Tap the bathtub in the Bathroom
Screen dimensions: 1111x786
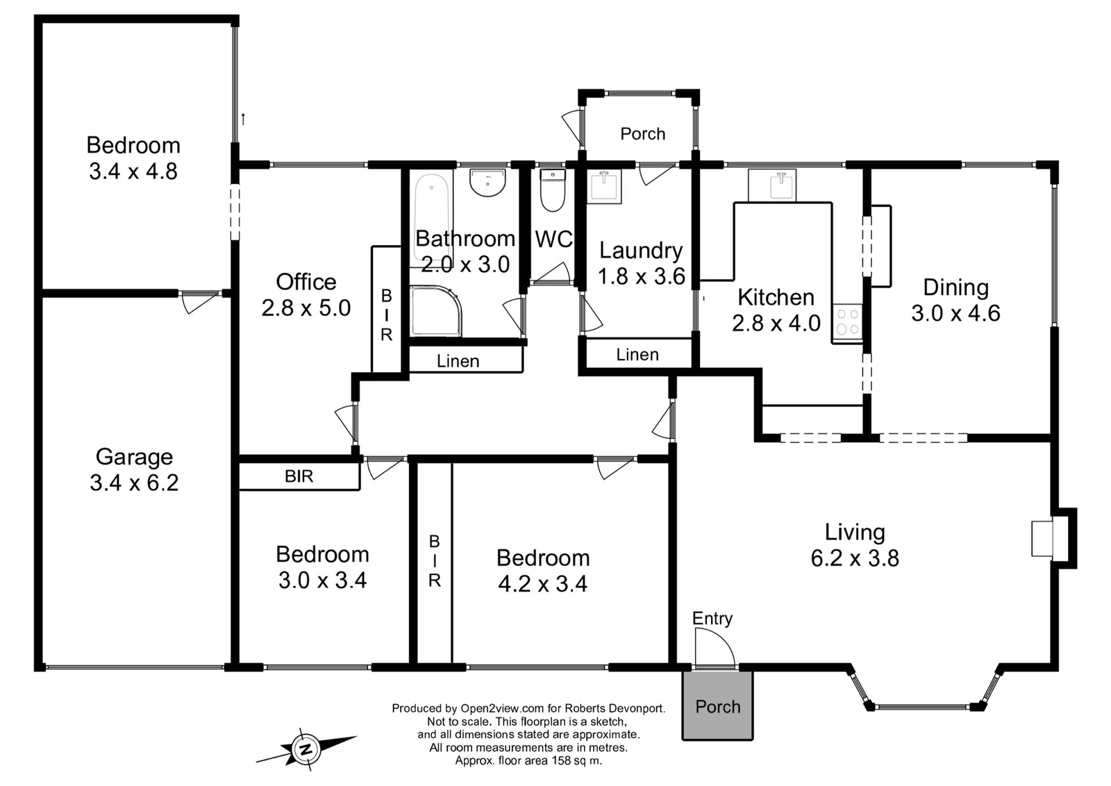[431, 218]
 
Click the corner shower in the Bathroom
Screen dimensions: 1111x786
[436, 310]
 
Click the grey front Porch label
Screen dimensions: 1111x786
[718, 706]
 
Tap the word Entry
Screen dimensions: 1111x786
[712, 619]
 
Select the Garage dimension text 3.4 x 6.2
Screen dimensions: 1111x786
[134, 483]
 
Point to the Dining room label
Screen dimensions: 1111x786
[955, 287]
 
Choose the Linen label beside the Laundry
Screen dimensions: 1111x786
[637, 354]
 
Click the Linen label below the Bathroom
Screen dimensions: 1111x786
[458, 361]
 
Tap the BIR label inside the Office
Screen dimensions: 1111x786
[386, 315]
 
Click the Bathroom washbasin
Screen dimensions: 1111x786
[487, 183]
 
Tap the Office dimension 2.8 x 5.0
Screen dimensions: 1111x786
[306, 308]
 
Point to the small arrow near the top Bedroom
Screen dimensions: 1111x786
[243, 119]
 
